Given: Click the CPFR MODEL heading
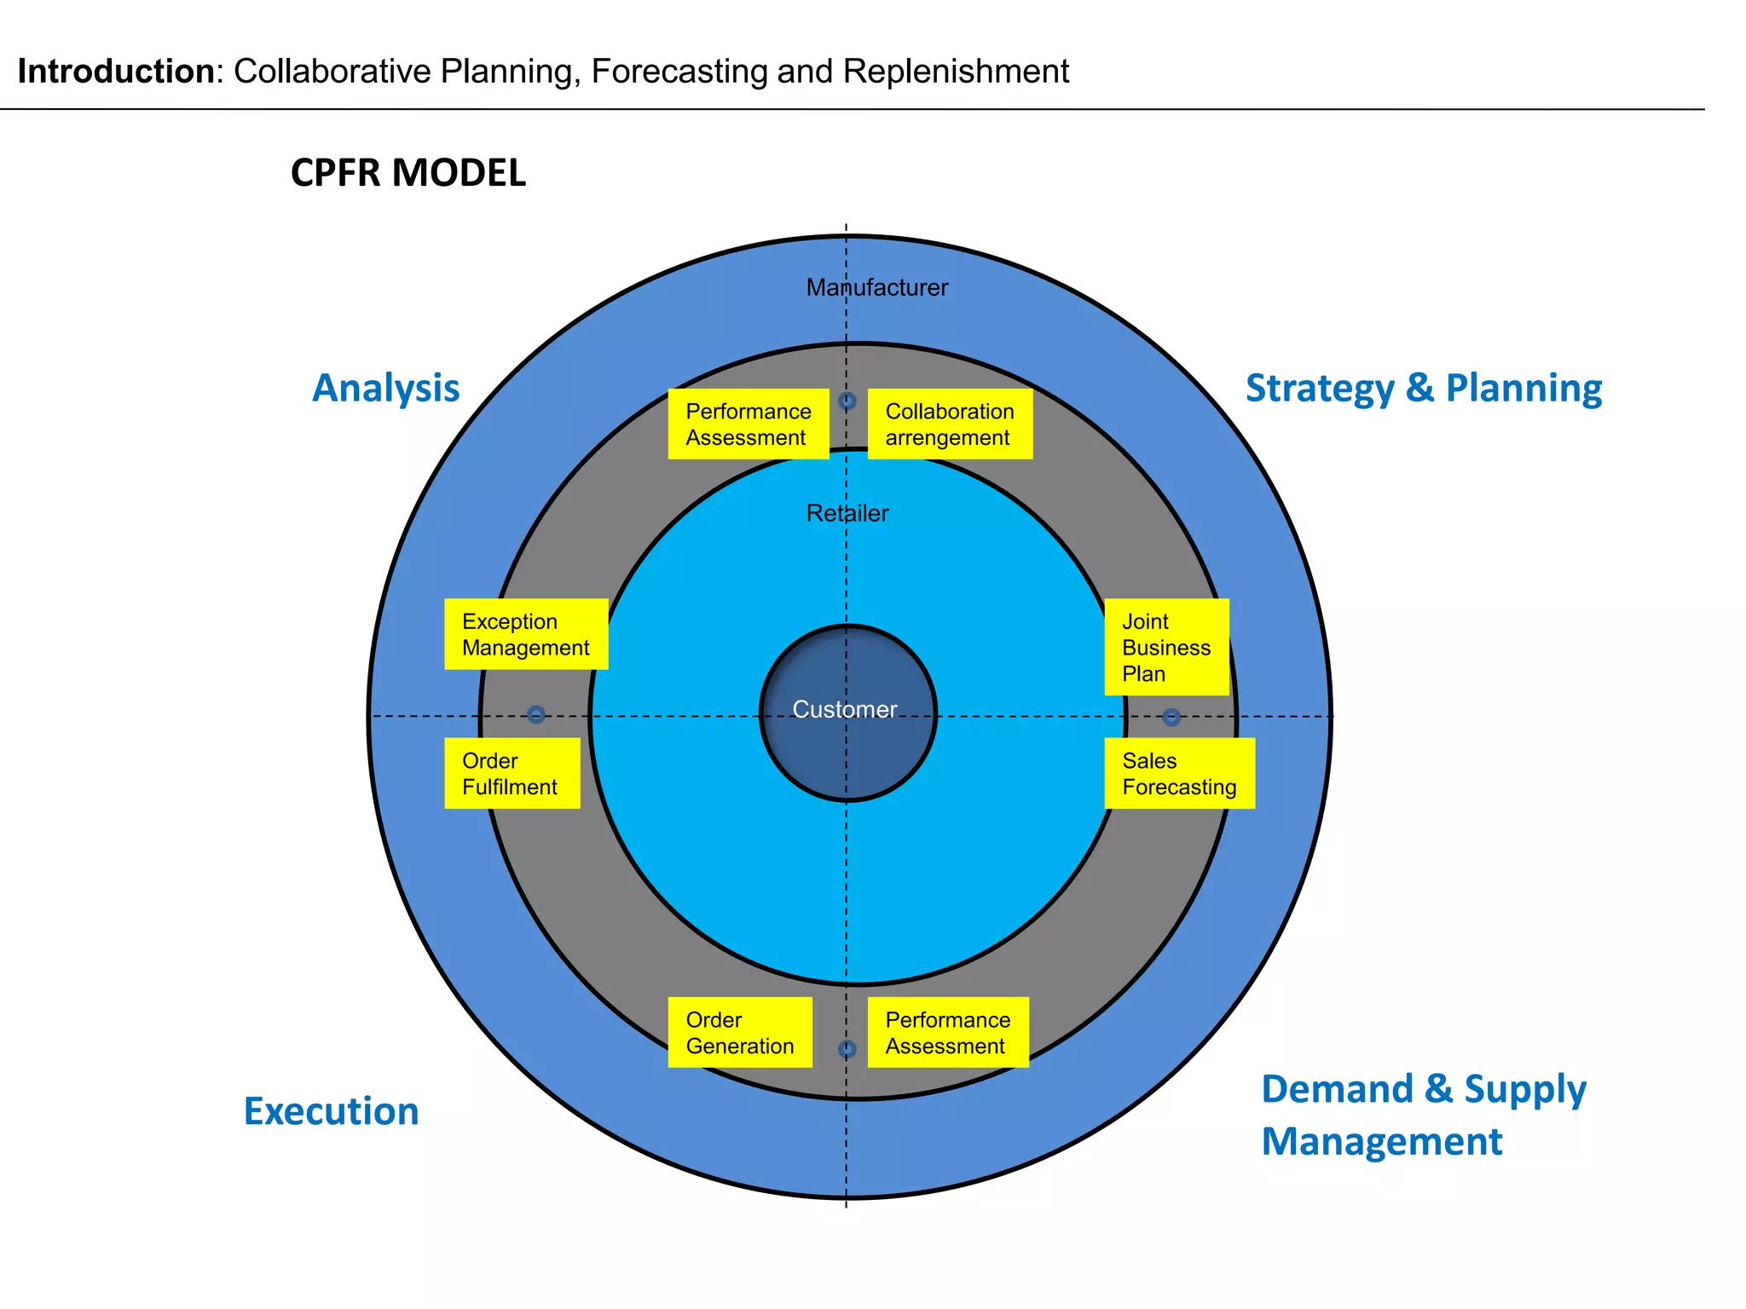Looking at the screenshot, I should click(x=408, y=173).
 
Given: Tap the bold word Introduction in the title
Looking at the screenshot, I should click(x=116, y=72).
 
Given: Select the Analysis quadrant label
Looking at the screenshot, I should click(x=386, y=388).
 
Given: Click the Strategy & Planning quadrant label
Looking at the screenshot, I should click(x=1424, y=388).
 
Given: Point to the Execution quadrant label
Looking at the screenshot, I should click(x=332, y=1111).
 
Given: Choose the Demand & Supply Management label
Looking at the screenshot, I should click(x=1424, y=1116).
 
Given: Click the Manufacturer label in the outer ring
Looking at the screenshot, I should click(x=877, y=288).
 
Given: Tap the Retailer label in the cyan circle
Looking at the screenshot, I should click(x=847, y=513).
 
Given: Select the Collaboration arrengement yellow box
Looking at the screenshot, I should click(x=950, y=424).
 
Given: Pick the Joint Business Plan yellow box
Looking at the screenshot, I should click(x=1166, y=648).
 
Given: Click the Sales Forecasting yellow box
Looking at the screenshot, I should click(x=1179, y=774).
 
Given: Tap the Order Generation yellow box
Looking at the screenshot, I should click(x=740, y=1033).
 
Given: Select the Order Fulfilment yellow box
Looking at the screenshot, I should click(x=512, y=774).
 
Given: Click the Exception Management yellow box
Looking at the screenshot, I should click(x=526, y=635).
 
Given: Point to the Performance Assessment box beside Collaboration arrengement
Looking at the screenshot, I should click(x=749, y=424).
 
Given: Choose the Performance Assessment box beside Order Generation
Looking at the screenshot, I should click(x=948, y=1033).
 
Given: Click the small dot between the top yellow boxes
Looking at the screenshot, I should click(x=847, y=401).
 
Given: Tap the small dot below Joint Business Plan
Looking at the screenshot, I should click(x=1171, y=717).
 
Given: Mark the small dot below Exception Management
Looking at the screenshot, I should click(x=536, y=714).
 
